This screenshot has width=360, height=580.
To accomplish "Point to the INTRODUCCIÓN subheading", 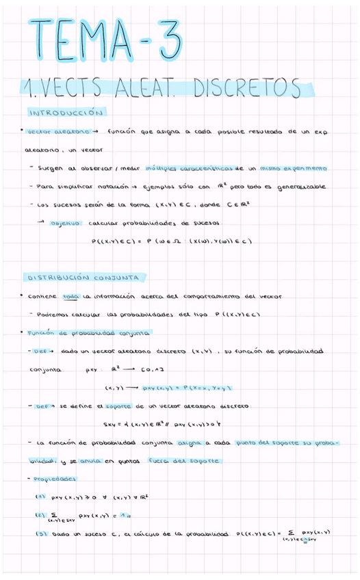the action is pyautogui.click(x=65, y=112).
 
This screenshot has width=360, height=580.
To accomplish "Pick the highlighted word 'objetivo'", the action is pyautogui.click(x=66, y=222).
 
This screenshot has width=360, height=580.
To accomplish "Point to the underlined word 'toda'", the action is pyautogui.click(x=70, y=297).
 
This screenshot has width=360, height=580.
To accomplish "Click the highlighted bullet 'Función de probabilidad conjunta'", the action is pyautogui.click(x=88, y=333).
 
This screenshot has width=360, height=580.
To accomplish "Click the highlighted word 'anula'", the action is pyautogui.click(x=90, y=461).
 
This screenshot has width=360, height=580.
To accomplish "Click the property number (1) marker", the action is pyautogui.click(x=40, y=497).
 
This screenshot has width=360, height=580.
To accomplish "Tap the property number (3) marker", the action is pyautogui.click(x=40, y=534).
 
